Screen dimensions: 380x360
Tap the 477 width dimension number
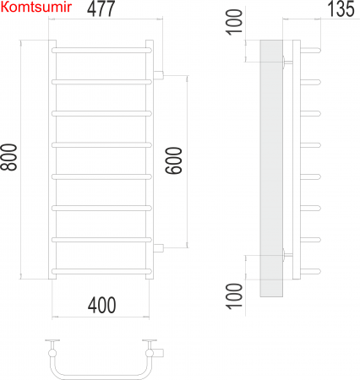[101, 10]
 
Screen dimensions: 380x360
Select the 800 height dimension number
[10, 160]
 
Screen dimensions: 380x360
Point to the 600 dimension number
[173, 161]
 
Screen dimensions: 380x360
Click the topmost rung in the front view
[102, 51]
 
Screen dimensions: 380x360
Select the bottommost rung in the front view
[102, 270]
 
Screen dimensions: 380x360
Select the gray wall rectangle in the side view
[270, 169]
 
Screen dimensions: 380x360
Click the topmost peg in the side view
[312, 50]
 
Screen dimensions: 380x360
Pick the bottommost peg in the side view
[312, 270]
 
